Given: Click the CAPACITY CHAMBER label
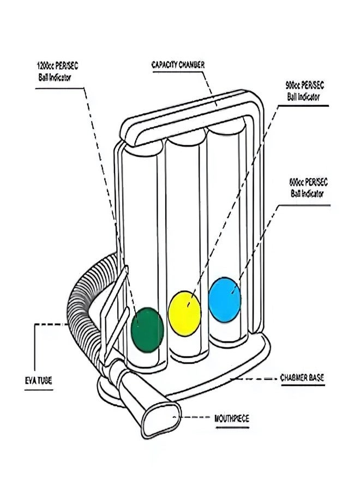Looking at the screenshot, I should pos(178,64).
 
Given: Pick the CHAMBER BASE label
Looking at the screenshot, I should pos(303,377).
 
